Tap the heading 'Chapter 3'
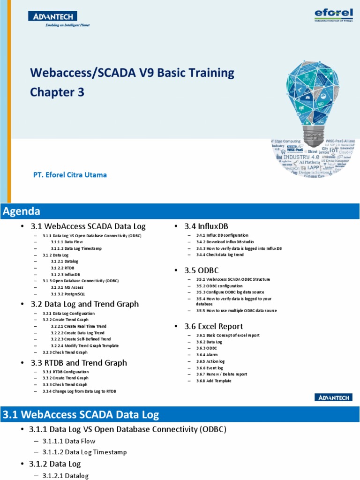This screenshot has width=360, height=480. (x=57, y=92)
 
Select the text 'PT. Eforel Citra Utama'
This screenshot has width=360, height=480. (x=70, y=175)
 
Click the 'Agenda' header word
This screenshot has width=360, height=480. (x=22, y=211)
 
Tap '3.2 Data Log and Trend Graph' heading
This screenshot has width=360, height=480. (x=84, y=304)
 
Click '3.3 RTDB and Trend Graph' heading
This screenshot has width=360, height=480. (x=79, y=362)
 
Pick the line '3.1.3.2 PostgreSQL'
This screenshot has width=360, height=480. (x=68, y=293)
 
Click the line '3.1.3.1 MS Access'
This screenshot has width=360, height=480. (x=67, y=287)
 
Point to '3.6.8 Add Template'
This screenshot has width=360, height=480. (x=214, y=381)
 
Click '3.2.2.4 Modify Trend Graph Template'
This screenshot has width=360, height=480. (x=85, y=345)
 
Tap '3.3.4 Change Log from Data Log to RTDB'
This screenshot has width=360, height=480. (x=79, y=391)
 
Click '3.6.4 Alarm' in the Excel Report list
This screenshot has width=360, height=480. (x=207, y=355)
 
